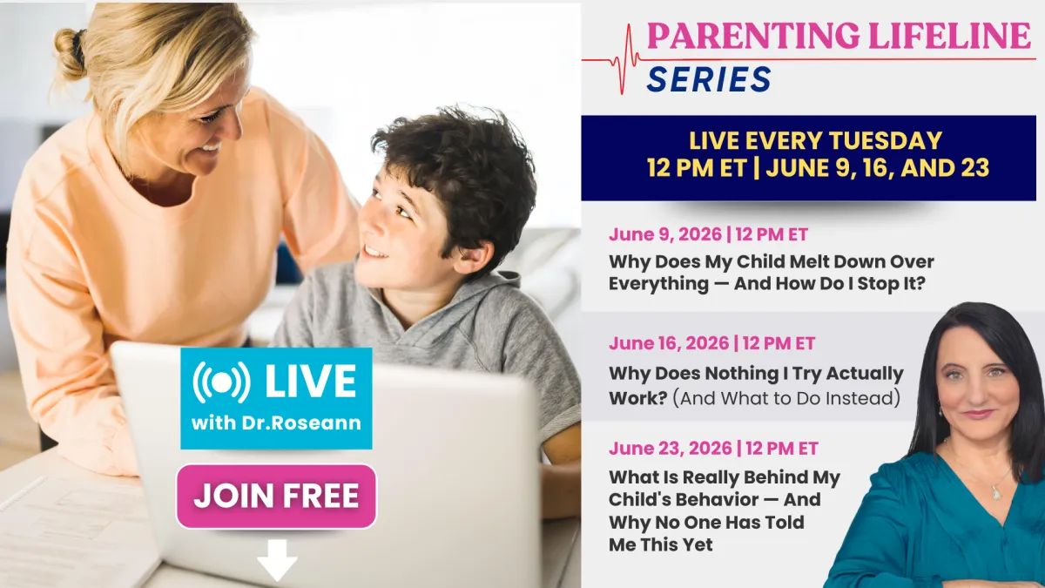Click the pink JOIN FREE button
coord(276,496)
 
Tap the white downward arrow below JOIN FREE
coord(277,560)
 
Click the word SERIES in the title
coord(709,79)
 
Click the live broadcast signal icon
coord(221,382)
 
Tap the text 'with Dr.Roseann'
coord(276,422)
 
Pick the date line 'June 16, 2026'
coord(669,343)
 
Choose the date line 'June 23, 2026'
coord(670,449)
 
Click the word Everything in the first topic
coord(658,284)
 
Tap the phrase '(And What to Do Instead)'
coord(786,399)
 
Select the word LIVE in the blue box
coord(311,382)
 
